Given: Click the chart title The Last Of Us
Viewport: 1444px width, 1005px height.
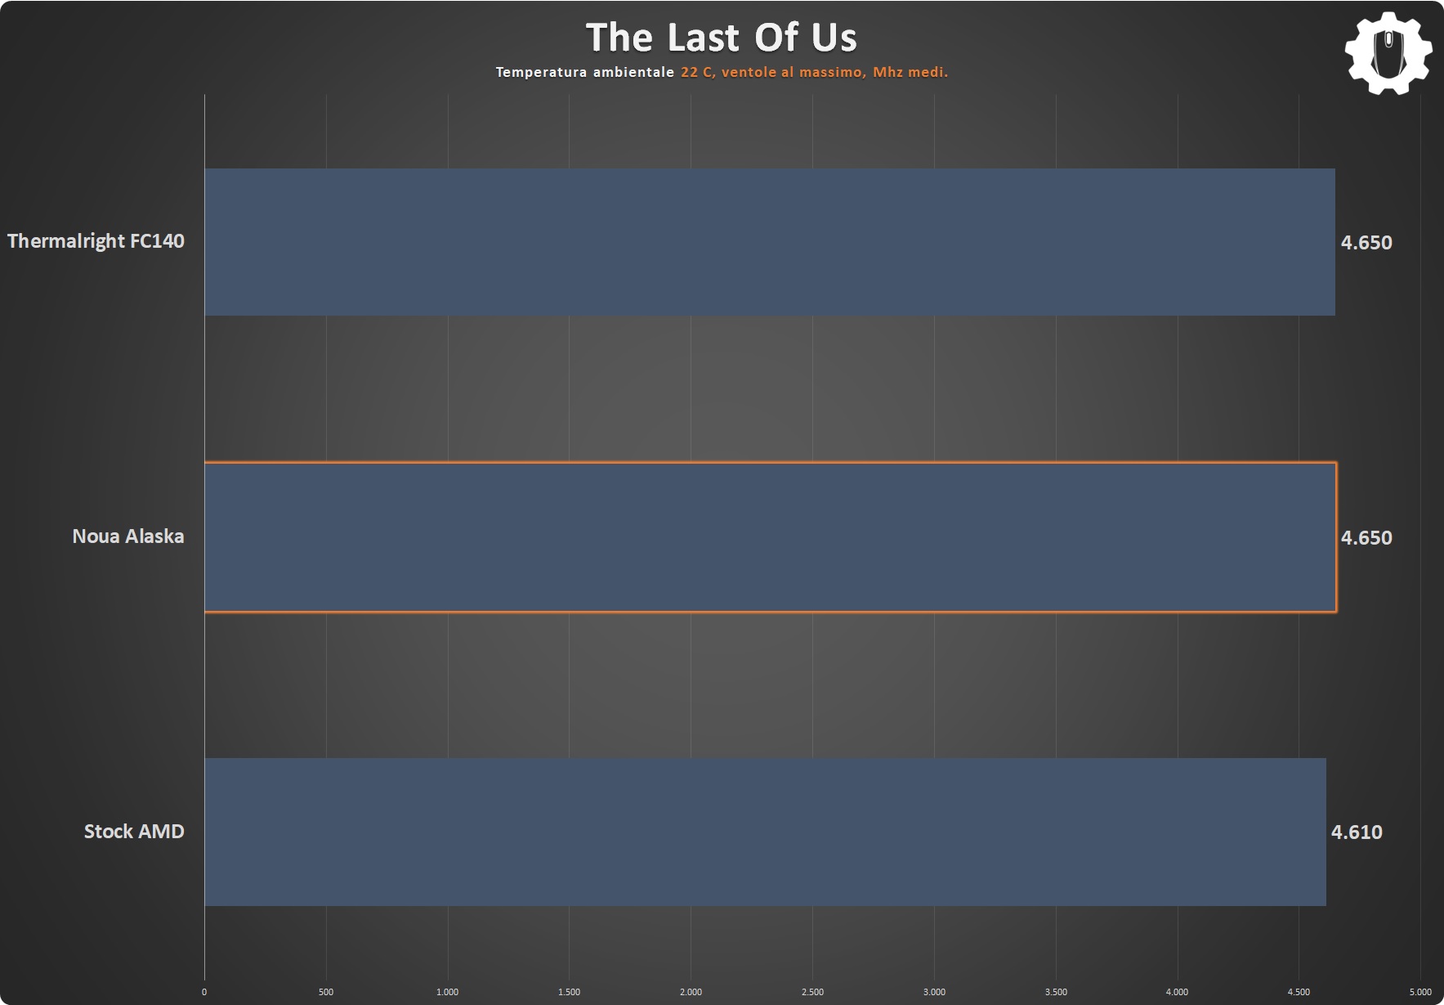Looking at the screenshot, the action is click(722, 38).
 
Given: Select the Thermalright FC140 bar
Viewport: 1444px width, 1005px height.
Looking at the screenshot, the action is click(770, 242).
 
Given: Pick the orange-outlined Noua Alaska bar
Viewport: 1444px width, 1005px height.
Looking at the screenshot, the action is click(771, 537).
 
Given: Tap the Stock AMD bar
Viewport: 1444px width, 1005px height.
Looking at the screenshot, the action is click(765, 832).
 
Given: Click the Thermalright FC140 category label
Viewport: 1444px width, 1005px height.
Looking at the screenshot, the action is click(96, 241).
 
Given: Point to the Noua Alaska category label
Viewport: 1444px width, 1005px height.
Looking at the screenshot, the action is click(128, 536).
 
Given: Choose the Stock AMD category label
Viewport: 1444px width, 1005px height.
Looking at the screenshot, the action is click(134, 832).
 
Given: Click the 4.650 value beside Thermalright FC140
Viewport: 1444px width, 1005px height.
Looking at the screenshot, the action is click(1366, 242).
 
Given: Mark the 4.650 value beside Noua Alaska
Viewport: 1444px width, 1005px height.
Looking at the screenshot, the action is click(1366, 537).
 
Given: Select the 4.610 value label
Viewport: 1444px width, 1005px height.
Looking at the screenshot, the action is click(1357, 832).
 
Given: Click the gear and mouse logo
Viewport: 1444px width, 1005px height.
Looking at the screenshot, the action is click(1388, 53).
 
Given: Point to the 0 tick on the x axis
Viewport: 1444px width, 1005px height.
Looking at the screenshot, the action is click(204, 992).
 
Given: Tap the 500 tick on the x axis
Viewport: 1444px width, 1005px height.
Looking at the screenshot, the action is click(326, 992).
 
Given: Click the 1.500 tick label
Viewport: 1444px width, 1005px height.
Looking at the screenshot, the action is click(569, 992).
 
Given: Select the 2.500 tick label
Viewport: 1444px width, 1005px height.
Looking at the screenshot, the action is click(812, 992).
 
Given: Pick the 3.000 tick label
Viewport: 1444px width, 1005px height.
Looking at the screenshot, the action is click(934, 992).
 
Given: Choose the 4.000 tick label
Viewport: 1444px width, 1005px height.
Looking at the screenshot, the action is click(1177, 992).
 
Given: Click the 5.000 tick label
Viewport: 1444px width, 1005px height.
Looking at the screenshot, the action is click(1420, 992).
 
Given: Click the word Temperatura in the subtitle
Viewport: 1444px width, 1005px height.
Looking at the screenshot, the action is click(541, 72).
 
